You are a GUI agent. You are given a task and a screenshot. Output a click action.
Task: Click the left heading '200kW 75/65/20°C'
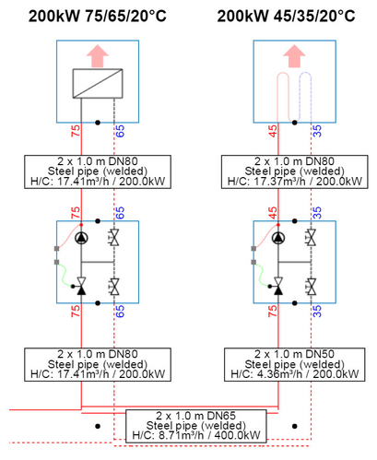97,16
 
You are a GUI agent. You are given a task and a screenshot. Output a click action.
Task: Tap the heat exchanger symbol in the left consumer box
97,90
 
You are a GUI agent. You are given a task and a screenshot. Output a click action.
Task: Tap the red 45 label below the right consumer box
272,132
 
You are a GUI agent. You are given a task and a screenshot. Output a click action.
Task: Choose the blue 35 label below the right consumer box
316,132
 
